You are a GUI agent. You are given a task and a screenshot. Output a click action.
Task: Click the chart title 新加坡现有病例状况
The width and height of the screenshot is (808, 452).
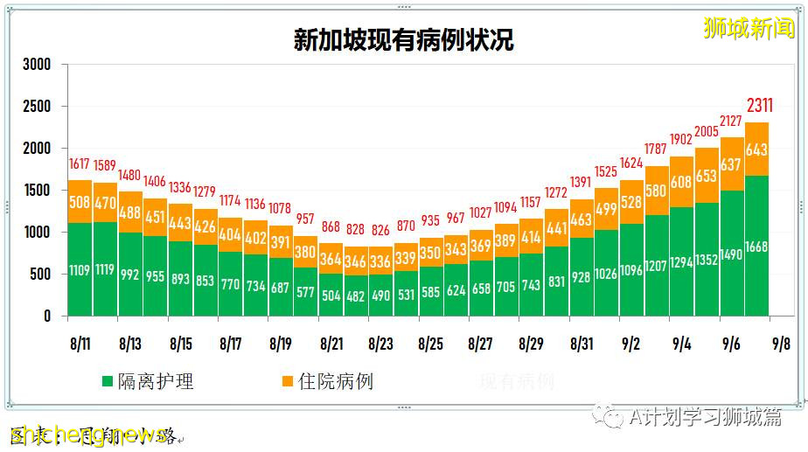click(403, 40)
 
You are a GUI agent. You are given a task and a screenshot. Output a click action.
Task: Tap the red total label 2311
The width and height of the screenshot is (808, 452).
click(758, 107)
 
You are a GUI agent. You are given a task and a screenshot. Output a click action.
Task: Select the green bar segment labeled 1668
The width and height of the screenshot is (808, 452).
click(757, 246)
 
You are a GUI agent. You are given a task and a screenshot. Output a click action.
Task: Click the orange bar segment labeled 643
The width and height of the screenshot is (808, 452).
click(757, 150)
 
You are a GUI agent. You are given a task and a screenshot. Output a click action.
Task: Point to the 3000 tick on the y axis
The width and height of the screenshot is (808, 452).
click(37, 65)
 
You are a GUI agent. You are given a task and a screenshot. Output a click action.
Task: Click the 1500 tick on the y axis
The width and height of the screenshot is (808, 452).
click(37, 191)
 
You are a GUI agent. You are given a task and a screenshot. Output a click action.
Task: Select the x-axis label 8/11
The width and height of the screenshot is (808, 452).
click(80, 344)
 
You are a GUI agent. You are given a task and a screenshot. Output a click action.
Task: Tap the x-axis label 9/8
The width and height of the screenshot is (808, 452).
click(781, 344)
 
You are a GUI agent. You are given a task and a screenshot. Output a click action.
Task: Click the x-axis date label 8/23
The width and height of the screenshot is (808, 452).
click(380, 344)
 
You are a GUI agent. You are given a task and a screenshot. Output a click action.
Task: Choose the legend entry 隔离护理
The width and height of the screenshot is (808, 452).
click(150, 382)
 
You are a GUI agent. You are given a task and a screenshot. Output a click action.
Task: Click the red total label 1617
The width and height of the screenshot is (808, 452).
click(80, 163)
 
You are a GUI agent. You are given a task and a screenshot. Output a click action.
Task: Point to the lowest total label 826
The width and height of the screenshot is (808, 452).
click(380, 229)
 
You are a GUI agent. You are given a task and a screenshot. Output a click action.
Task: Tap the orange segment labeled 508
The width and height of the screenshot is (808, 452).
click(80, 203)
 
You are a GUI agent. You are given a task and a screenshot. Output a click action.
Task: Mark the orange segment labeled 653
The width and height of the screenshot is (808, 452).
click(707, 176)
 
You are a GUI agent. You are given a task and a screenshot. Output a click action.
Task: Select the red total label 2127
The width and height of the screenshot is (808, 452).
click(732, 121)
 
